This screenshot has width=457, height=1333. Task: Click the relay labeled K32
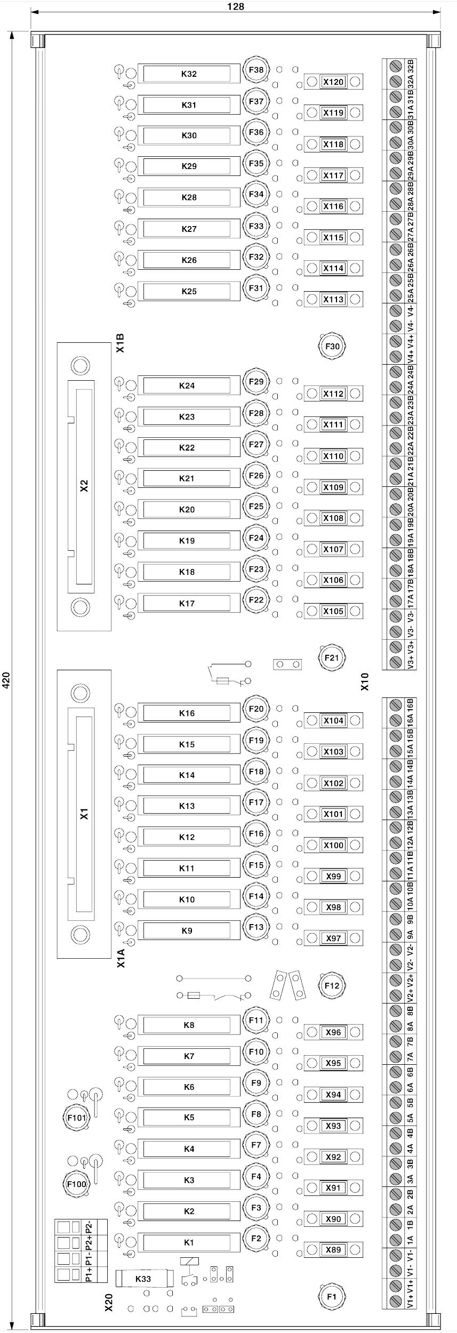pos(189,74)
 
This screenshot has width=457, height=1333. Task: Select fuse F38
pos(256,70)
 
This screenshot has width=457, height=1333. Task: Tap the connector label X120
pos(333,82)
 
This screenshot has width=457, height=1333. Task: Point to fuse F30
pos(332,347)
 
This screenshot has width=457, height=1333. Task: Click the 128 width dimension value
pos(235,6)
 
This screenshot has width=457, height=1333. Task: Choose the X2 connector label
pos(84,486)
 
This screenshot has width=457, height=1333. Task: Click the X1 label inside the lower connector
pos(84,814)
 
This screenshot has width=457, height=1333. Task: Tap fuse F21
pos(332,658)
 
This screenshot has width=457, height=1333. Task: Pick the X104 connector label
pos(333,721)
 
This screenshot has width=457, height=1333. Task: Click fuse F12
pos(332,985)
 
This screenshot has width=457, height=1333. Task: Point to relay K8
pos(189,1025)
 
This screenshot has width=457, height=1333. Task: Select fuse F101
pos(77,1118)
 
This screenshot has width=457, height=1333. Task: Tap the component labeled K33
pos(144,1279)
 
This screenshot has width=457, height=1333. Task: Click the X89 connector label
pos(333,1250)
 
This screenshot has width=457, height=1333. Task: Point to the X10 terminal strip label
pos(365,682)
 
